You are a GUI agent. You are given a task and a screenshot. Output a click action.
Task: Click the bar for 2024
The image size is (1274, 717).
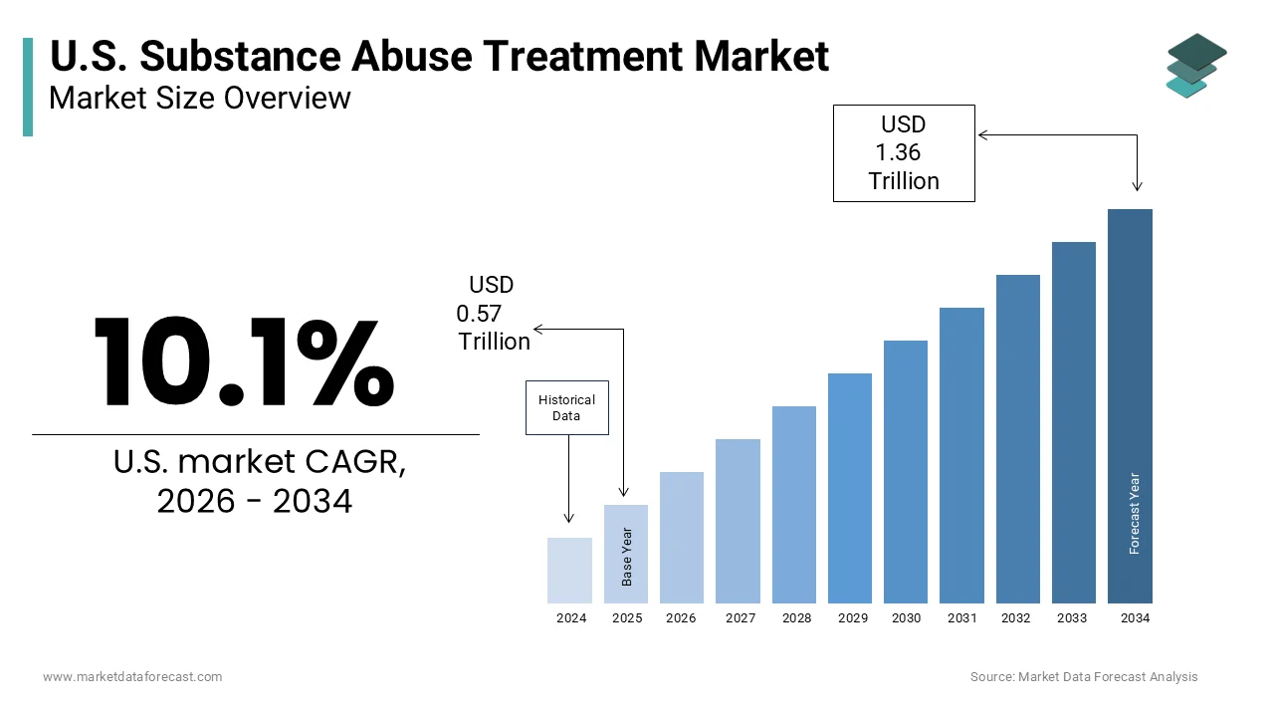pyautogui.click(x=569, y=571)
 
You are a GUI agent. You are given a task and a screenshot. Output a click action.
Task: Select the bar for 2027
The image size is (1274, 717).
pyautogui.click(x=738, y=521)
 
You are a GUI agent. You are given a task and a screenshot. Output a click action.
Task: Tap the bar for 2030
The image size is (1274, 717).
pyautogui.click(x=906, y=472)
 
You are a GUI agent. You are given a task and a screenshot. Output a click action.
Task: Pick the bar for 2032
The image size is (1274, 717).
pyautogui.click(x=1018, y=439)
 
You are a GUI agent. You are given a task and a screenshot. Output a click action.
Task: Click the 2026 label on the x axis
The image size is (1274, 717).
pyautogui.click(x=681, y=618)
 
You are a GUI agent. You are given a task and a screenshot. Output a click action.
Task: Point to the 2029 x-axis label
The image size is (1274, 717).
pyautogui.click(x=853, y=618)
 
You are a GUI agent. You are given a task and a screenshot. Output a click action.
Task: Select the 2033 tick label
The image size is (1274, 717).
pyautogui.click(x=1072, y=618)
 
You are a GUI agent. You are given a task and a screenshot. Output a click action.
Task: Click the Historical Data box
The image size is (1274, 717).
pyautogui.click(x=567, y=408)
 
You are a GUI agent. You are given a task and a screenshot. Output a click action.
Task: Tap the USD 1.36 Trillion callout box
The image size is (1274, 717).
pyautogui.click(x=904, y=153)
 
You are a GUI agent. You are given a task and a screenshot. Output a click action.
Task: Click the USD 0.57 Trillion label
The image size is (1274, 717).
pyautogui.click(x=493, y=313)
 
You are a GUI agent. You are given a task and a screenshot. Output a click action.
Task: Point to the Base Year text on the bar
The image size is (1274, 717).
pyautogui.click(x=627, y=557)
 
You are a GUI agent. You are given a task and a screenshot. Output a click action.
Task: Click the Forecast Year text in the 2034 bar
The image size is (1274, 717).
pyautogui.click(x=1134, y=513)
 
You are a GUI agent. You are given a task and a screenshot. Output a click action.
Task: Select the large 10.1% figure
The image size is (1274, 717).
pyautogui.click(x=244, y=361)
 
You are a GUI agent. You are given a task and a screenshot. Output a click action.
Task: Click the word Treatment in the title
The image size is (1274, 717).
pyautogui.click(x=583, y=57)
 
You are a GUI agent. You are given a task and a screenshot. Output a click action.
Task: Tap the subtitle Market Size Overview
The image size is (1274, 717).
pyautogui.click(x=200, y=98)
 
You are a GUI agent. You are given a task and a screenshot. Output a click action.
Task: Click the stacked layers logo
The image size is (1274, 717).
pyautogui.click(x=1196, y=66)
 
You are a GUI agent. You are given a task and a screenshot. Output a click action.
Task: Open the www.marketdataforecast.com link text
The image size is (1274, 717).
pyautogui.click(x=132, y=676)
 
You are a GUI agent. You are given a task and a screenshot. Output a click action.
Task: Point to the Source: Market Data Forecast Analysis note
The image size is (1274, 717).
pyautogui.click(x=1084, y=676)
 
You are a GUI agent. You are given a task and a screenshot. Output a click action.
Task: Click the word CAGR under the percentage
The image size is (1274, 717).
pyautogui.click(x=355, y=462)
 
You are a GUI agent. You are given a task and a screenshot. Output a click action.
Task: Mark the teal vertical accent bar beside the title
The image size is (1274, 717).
pyautogui.click(x=28, y=87)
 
